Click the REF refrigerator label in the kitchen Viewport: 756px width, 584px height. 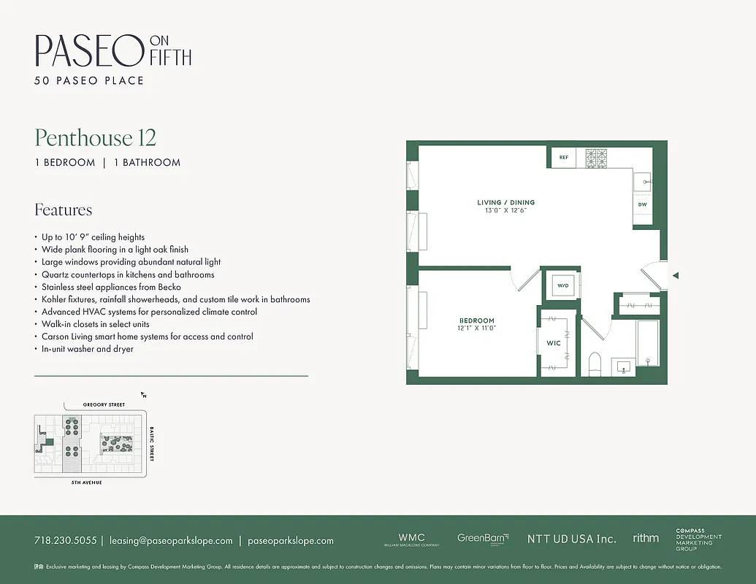pos(564,157)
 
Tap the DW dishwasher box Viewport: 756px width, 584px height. pos(643,204)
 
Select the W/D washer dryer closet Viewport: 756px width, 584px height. pos(562,285)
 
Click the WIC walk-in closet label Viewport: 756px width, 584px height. pos(553,342)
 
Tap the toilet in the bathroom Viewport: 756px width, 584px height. pos(594,363)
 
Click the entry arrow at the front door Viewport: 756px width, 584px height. pos(676,275)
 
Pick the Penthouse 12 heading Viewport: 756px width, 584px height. pos(96,137)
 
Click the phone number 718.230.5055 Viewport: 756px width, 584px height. pos(65,540)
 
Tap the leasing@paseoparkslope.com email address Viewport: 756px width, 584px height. pos(171,540)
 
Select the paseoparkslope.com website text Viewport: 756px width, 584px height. pos(291,540)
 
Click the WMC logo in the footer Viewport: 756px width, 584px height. pos(411,539)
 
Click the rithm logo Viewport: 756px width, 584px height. pos(646,538)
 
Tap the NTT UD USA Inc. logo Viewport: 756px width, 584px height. pos(571,539)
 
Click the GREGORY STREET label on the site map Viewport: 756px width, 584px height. pos(104,404)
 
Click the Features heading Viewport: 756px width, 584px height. pos(64,210)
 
